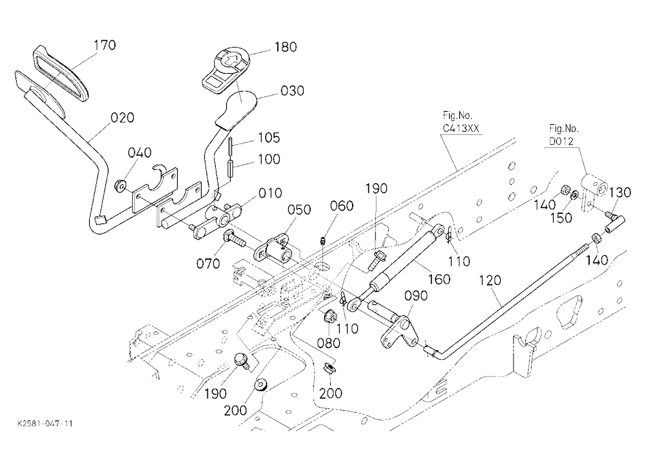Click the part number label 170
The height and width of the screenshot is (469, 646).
(x=105, y=45)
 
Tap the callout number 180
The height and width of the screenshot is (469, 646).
(x=286, y=47)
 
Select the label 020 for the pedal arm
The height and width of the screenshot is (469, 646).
(x=123, y=118)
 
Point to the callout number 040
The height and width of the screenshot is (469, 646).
(x=140, y=153)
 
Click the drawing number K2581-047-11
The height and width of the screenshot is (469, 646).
(x=45, y=424)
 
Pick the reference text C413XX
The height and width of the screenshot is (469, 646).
(x=461, y=128)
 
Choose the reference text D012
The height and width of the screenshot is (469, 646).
(x=561, y=141)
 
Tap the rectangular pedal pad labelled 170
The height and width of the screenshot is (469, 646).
(x=61, y=74)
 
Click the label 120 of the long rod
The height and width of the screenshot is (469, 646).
(x=490, y=280)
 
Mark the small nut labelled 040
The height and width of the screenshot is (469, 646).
(x=121, y=186)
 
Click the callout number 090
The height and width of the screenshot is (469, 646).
(x=415, y=296)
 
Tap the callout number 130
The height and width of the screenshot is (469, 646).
(x=620, y=193)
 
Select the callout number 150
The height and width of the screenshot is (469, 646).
(x=561, y=218)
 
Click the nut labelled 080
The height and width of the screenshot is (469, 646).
(x=329, y=317)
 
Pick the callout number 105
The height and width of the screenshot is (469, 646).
(x=269, y=138)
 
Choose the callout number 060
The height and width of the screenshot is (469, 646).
(x=342, y=205)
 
